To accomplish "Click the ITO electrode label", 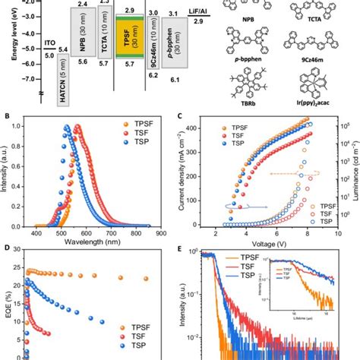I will (48, 44).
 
